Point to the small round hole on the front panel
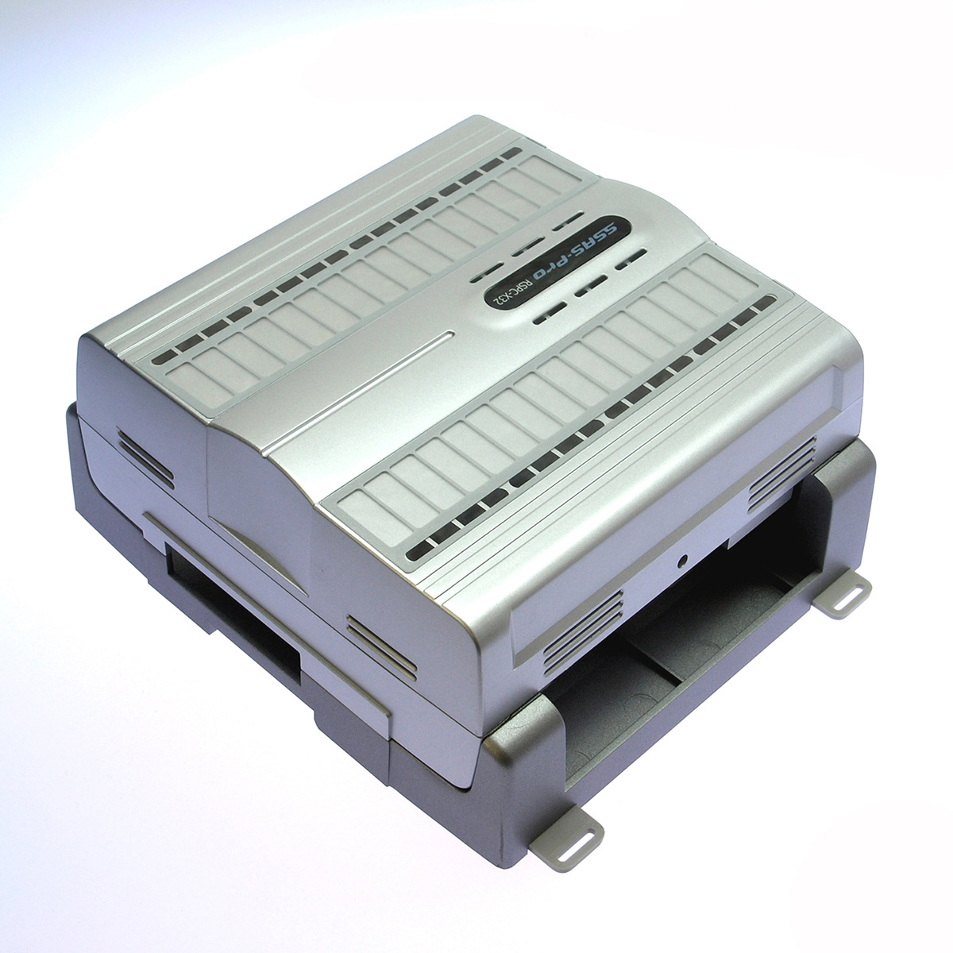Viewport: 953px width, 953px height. point(683,560)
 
